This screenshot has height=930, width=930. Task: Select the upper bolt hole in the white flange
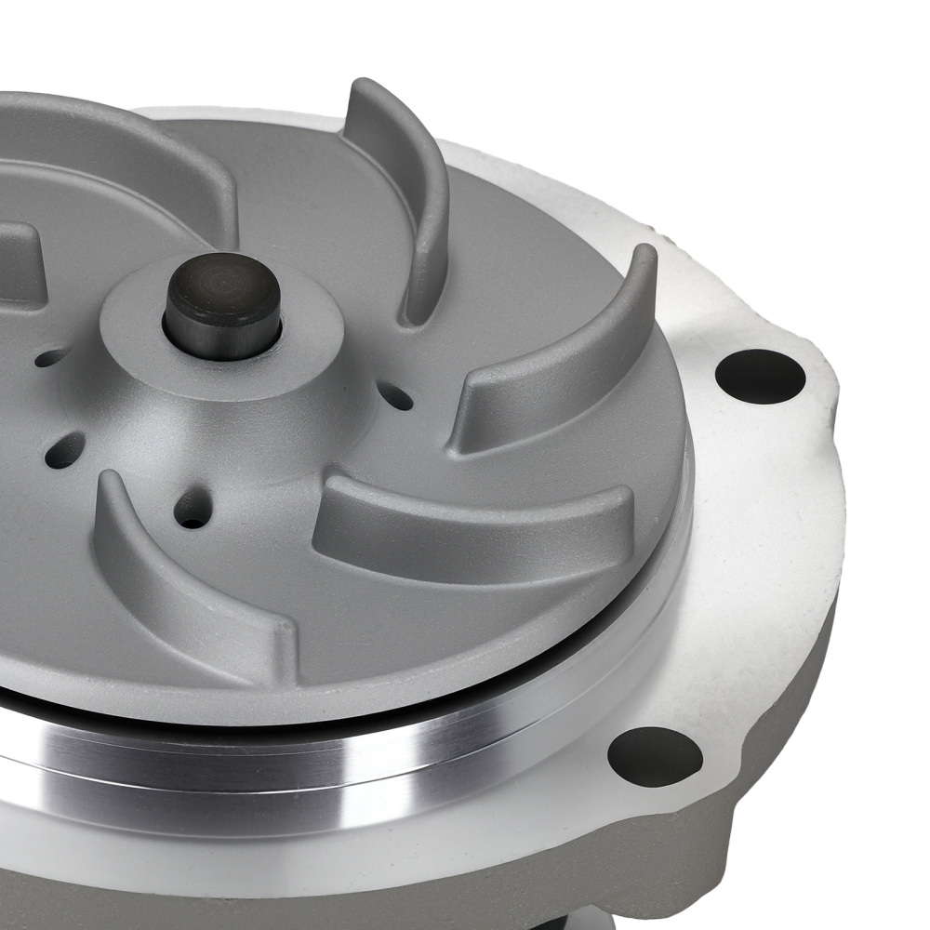click(760, 375)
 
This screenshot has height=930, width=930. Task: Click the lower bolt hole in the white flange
click(655, 755)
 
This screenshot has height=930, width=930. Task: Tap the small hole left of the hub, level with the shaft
click(51, 357)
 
